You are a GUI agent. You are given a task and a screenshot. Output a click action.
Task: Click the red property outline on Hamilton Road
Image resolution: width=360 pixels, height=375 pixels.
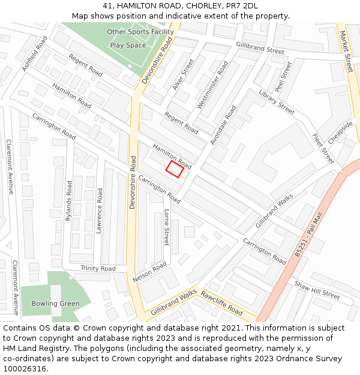pyautogui.click(x=175, y=169)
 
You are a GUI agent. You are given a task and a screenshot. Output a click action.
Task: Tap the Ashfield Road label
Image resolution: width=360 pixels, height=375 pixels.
pyautogui.click(x=34, y=54)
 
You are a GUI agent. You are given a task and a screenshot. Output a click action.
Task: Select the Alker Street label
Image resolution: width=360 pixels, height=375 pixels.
pyautogui.click(x=183, y=74)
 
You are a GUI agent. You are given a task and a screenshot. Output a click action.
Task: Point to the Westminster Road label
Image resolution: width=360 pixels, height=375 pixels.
pyautogui.click(x=212, y=85)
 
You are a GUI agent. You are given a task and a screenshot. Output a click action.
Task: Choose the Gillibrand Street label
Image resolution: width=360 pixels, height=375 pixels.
pyautogui.click(x=260, y=48)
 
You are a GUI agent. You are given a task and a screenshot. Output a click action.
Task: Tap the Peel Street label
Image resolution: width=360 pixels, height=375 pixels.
pyautogui.click(x=283, y=76)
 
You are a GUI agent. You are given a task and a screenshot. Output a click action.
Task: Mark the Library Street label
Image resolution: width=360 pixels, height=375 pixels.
pyautogui.click(x=277, y=102)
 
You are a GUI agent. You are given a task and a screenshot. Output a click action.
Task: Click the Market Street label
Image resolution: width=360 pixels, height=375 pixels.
pyautogui.click(x=346, y=52)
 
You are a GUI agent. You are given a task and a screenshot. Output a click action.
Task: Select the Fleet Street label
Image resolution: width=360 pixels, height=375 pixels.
pyautogui.click(x=323, y=148)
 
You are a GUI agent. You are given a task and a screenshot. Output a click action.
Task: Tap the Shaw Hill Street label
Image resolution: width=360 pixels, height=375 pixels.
pyautogui.click(x=317, y=290)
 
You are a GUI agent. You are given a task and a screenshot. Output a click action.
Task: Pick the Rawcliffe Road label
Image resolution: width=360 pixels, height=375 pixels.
pyautogui.click(x=221, y=304)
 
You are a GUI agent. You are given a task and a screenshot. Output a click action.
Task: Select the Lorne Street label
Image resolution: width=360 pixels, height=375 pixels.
pyautogui.click(x=167, y=227)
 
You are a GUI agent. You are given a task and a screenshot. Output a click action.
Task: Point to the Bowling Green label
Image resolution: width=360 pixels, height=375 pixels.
pyautogui.click(x=55, y=304)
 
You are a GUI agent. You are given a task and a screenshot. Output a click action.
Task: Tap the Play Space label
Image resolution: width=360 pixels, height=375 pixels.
pyautogui.click(x=128, y=46)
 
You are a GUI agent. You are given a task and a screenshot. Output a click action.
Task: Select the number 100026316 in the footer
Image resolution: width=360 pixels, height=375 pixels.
pyautogui.click(x=25, y=368)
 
